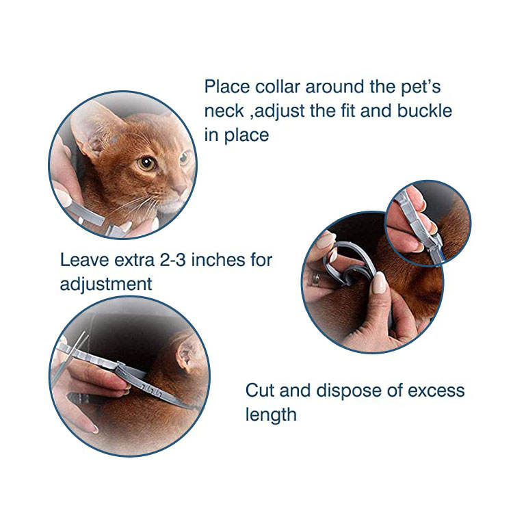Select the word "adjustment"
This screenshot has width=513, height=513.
tap(106, 283)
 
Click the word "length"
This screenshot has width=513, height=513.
tap(271, 415)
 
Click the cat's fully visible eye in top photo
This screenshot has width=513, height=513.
tap(146, 163)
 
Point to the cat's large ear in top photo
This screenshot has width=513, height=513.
tap(92, 127)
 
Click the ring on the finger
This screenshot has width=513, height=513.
tap(316, 278)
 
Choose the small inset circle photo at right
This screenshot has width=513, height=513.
tap(427, 222)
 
